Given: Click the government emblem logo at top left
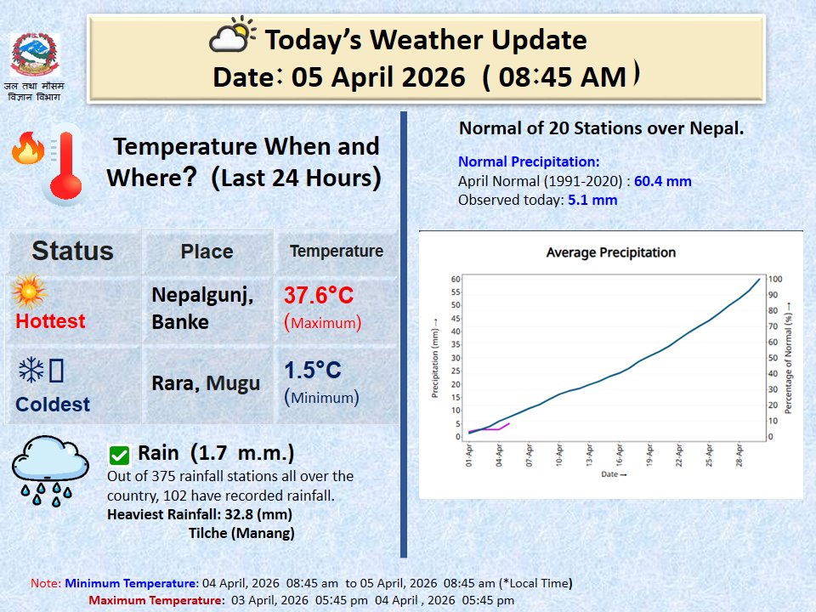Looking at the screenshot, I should click(35, 56).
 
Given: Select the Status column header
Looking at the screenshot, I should click(72, 251).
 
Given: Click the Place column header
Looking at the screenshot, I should click(207, 252).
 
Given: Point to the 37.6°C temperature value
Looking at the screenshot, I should click(319, 296).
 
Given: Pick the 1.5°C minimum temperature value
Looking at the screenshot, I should click(313, 370).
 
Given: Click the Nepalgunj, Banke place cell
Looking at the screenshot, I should click(202, 308).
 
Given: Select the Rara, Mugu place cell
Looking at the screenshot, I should click(206, 383).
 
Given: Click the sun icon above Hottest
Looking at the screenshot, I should click(29, 292).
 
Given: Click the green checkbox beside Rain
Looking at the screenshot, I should click(120, 455).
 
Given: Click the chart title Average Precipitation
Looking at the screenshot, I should click(610, 252).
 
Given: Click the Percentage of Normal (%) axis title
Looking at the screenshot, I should click(789, 357).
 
